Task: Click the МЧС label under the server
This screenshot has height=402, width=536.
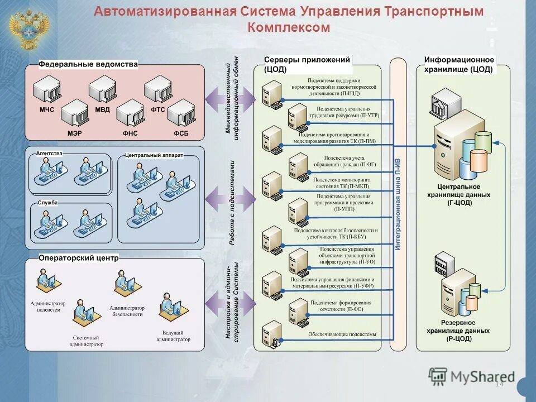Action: tap(46, 109)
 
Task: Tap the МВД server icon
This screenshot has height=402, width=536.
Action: tap(102, 89)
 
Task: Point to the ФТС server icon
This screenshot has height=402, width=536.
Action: tap(158, 89)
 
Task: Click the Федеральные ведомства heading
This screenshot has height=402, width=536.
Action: tap(88, 65)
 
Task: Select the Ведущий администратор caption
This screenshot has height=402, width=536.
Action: tap(173, 336)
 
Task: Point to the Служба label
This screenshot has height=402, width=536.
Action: tap(48, 203)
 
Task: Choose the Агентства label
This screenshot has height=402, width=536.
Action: tap(49, 153)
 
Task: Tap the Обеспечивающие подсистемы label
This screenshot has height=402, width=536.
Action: tap(342, 334)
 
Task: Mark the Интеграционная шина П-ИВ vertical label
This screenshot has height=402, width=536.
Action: tap(398, 204)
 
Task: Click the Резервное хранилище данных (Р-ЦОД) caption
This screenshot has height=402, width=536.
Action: tap(458, 331)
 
